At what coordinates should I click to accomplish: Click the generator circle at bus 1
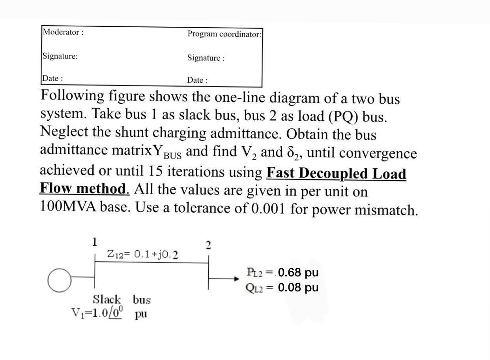coord(60,281)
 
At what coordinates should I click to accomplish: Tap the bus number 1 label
coord(95,242)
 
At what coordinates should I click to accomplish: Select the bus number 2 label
coord(208,246)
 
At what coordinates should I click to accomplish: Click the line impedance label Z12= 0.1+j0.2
coord(142,254)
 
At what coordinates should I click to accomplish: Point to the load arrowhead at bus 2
coord(236,279)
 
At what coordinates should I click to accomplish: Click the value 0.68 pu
coord(298,272)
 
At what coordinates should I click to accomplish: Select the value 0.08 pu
coord(298,287)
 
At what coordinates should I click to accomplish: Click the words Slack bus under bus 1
coord(122,299)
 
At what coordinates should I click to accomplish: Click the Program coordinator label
coord(224,34)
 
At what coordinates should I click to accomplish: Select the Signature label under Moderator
coord(60,56)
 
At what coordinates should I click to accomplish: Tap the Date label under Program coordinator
coord(197,80)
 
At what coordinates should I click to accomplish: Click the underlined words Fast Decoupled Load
coord(336,173)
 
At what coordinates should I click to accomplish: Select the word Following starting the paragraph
coord(71,96)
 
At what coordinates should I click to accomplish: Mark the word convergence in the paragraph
coord(376,153)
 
